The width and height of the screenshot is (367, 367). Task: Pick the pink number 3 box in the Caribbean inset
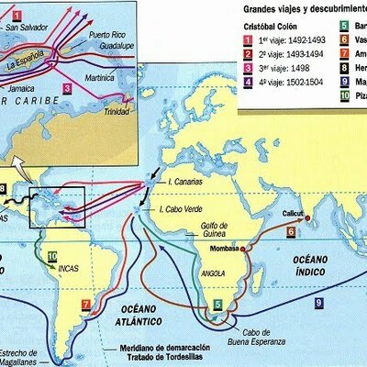[x=67, y=89]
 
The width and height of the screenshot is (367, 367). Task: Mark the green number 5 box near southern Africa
[x=217, y=302]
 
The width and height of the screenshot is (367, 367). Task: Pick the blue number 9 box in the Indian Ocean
[x=318, y=302]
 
